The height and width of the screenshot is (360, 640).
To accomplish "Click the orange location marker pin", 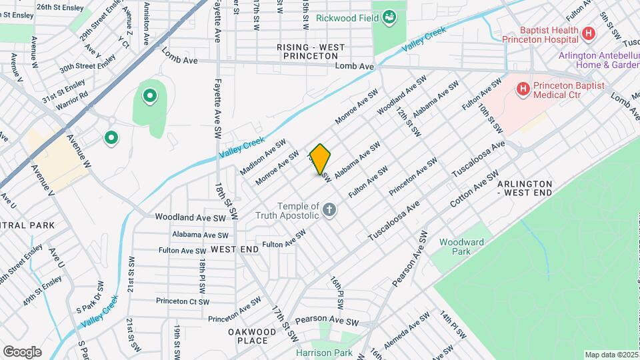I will [x=321, y=159].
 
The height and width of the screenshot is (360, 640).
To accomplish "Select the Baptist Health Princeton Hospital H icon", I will [x=588, y=33].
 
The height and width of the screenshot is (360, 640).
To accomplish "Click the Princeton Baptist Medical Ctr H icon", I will [x=523, y=87].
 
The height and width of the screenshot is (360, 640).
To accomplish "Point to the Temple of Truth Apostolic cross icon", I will [x=329, y=211].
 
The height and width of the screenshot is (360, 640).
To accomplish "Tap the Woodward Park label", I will [x=455, y=247].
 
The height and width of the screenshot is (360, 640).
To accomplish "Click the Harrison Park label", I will [x=324, y=353].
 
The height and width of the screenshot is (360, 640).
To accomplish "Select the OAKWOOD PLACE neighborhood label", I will [x=252, y=336].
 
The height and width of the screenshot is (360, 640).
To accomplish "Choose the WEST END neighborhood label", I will [x=234, y=249].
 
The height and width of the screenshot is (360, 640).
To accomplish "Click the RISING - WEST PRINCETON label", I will [x=311, y=51].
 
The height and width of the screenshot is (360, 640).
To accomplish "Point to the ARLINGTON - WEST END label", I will [x=525, y=187].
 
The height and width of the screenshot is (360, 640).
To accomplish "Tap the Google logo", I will [x=22, y=352].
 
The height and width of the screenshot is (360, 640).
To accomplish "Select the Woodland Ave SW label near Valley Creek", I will [x=191, y=217].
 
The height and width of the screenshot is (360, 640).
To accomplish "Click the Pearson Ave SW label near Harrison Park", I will [x=327, y=322].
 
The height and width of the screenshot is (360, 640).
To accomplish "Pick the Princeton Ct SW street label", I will [x=183, y=301].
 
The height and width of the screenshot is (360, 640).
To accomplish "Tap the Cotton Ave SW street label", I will [x=474, y=190].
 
